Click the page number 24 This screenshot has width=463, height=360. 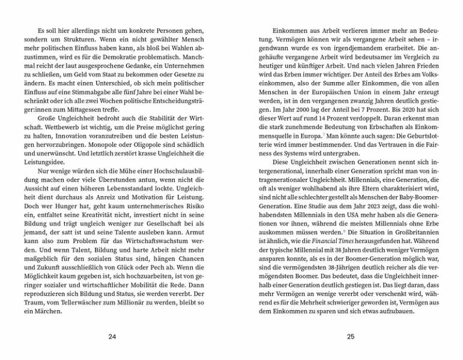(112, 337)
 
